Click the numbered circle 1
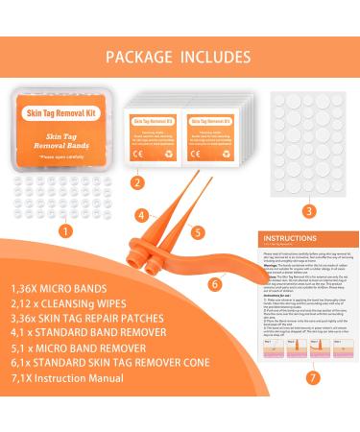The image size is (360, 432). point(63,230)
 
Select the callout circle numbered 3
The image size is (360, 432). point(309,209)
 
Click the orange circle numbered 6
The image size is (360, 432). point(214,282)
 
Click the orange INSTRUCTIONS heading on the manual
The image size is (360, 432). point(290,260)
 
